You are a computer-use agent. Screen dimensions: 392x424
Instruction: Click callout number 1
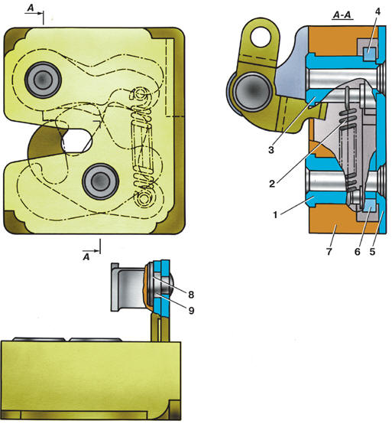pyautogui.click(x=275, y=215)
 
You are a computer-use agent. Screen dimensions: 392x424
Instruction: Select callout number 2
pyautogui.click(x=272, y=184)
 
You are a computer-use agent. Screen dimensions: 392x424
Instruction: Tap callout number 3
pyautogui.click(x=271, y=150)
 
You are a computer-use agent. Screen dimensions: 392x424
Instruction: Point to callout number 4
pyautogui.click(x=378, y=12)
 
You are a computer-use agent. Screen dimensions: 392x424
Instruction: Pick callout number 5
pyautogui.click(x=372, y=252)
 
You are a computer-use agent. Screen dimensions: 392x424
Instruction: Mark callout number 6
pyautogui.click(x=357, y=252)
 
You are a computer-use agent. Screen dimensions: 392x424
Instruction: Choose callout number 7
pyautogui.click(x=329, y=252)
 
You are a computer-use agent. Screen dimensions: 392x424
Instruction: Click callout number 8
pyautogui.click(x=191, y=295)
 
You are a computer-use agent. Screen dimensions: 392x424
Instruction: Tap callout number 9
pyautogui.click(x=191, y=311)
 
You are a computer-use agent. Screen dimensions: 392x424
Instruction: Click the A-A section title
pyautogui.click(x=342, y=15)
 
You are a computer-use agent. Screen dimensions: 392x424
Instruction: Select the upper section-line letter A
pyautogui.click(x=31, y=8)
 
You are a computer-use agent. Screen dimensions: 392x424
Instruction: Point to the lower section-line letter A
pyautogui.click(x=86, y=257)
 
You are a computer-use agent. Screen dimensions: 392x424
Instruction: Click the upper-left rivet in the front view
pyautogui.click(x=43, y=80)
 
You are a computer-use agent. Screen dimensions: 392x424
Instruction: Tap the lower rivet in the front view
pyautogui.click(x=100, y=181)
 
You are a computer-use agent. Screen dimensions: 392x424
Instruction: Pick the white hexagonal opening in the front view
pyautogui.click(x=76, y=140)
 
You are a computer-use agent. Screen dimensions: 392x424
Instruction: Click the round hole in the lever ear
pyautogui.click(x=261, y=37)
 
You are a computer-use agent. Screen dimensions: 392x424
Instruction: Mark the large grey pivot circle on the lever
pyautogui.click(x=253, y=91)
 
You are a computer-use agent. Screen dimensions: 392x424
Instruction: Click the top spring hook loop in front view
pyautogui.click(x=140, y=95)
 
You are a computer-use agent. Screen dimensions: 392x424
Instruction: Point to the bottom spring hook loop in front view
pyautogui.click(x=144, y=199)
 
